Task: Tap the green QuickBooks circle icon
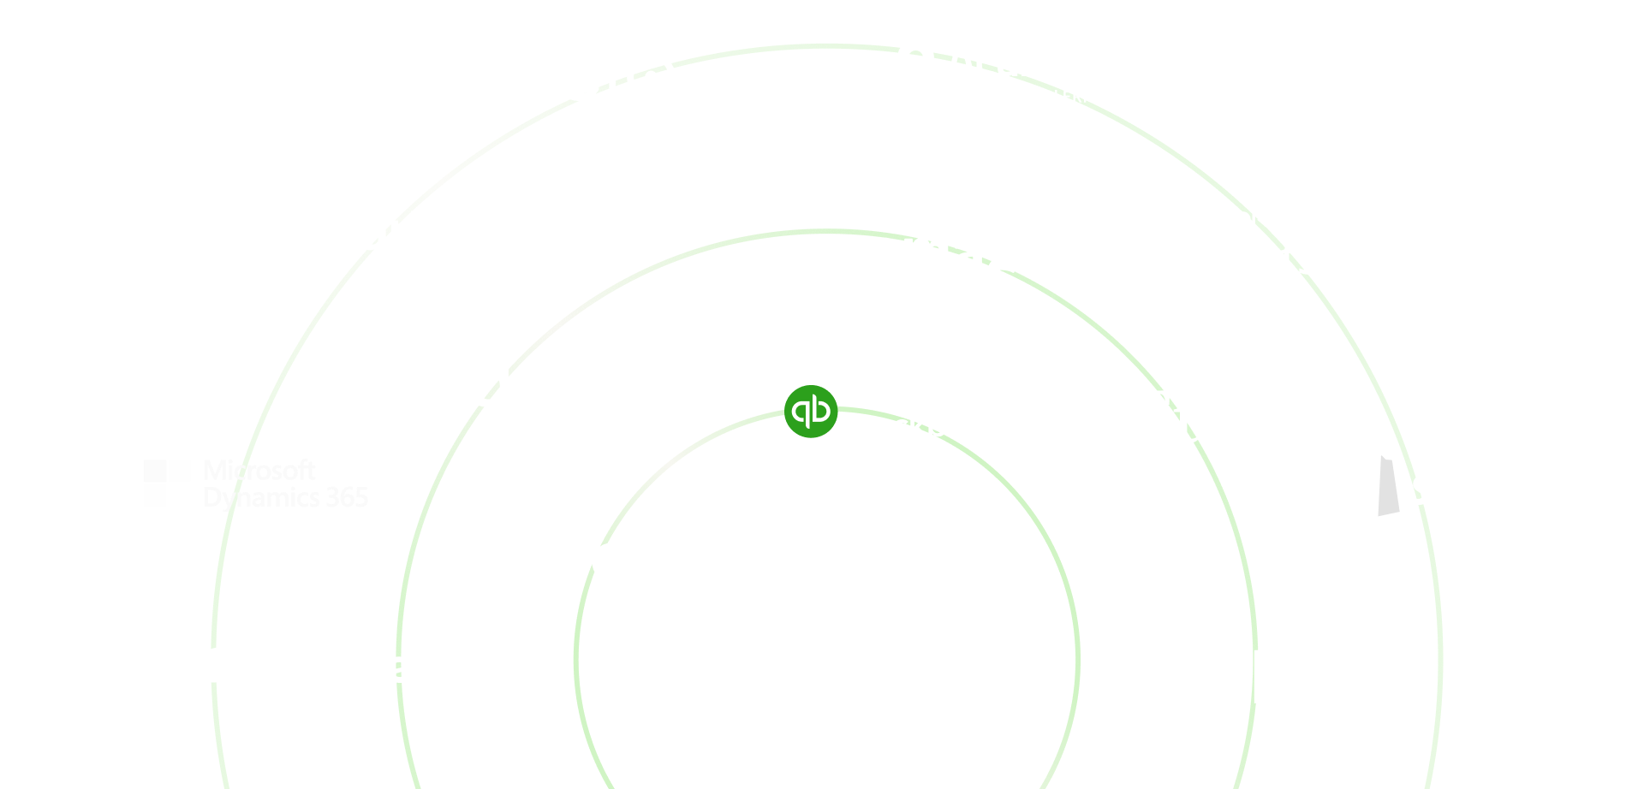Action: pos(810,412)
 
